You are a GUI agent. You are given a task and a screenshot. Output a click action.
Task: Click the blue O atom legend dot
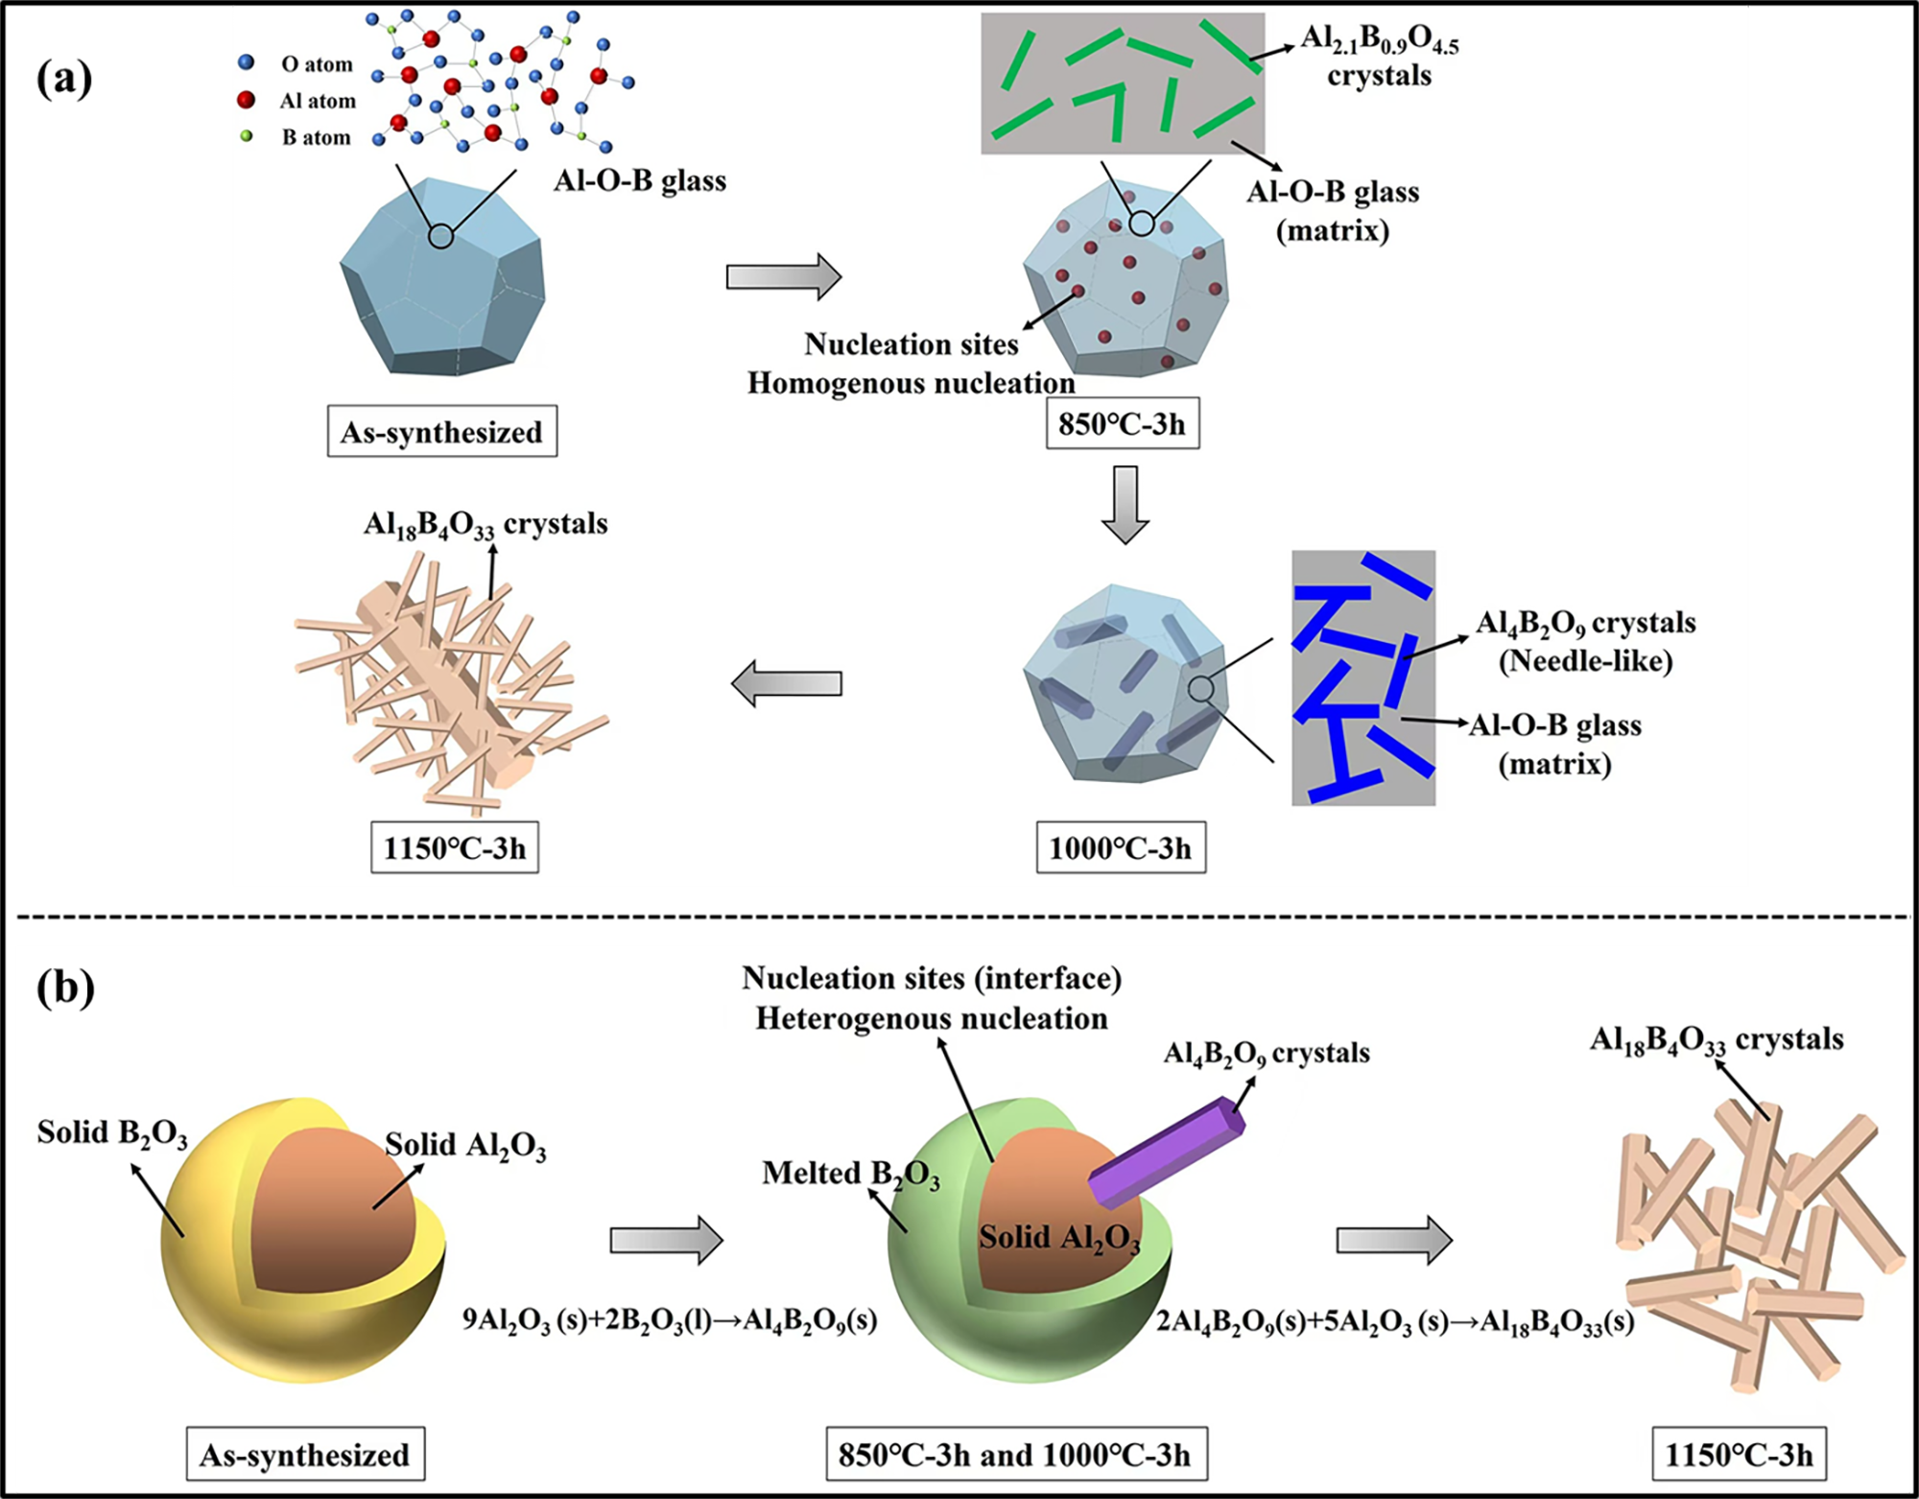point(247,62)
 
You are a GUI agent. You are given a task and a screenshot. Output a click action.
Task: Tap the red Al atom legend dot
point(247,100)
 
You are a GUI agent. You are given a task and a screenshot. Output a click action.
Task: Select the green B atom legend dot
point(247,136)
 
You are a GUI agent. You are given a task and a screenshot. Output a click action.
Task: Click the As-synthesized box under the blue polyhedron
point(441,432)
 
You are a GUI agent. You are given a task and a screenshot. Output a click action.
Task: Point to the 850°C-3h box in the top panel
point(1122,424)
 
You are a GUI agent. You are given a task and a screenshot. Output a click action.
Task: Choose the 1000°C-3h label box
point(1121,848)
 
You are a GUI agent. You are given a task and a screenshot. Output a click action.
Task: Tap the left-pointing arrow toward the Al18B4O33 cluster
point(786,683)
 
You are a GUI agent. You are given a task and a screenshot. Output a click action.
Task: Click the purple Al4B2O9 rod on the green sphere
point(1167,1152)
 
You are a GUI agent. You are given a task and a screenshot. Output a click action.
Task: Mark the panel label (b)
point(65,987)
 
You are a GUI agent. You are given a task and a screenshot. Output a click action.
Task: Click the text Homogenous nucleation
point(911,384)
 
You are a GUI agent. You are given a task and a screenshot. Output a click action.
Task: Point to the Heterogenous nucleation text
point(931,1018)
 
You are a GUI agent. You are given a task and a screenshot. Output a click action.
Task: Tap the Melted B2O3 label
point(850,1175)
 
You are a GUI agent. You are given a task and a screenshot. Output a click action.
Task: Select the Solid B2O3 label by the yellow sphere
point(112,1133)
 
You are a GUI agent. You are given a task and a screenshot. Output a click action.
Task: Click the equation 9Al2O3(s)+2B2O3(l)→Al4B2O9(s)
point(670,1321)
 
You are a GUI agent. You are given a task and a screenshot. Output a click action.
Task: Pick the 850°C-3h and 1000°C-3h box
point(1015,1455)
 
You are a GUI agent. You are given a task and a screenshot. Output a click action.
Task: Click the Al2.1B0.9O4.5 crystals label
point(1379,56)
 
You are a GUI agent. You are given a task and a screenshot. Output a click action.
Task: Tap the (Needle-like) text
point(1585,661)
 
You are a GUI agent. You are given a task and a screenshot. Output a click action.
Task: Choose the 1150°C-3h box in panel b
point(1739,1455)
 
